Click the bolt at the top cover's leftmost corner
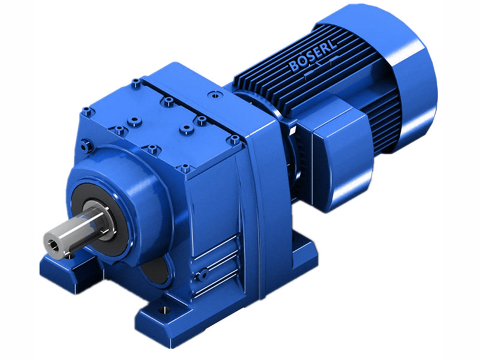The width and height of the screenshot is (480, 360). (x=88, y=110)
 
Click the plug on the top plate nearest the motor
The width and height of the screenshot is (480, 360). (x=211, y=94)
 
